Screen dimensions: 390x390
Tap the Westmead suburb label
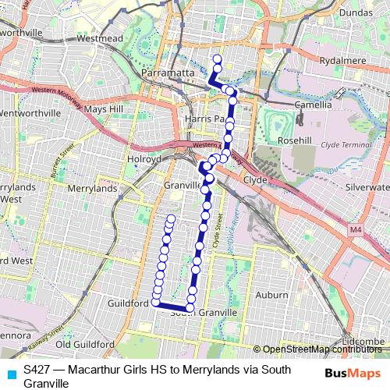100,37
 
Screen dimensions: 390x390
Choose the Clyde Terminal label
345,146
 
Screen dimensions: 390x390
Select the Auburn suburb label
271,295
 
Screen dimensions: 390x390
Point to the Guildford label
129,303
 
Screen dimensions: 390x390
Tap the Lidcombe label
364,342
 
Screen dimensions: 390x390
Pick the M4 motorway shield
356,230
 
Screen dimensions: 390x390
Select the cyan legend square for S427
10,374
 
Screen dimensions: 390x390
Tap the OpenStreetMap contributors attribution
321,349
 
